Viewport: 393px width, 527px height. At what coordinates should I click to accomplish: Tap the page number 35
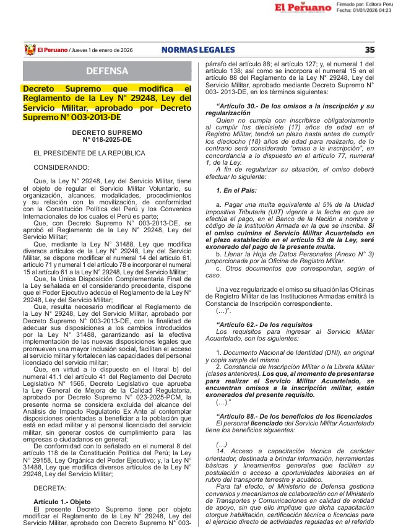[369, 50]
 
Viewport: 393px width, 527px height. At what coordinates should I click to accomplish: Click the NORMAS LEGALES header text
[198, 50]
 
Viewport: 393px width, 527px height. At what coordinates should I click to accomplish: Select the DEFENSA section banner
[107, 71]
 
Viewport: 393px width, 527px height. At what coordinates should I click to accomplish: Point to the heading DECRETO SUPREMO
[106, 133]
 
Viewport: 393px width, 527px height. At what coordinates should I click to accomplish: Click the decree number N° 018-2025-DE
[106, 139]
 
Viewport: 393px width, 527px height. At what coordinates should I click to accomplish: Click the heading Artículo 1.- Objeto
[62, 502]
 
